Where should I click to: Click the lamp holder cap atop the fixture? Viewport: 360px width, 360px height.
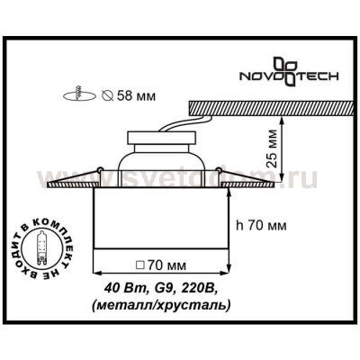pyautogui.click(x=163, y=144)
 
